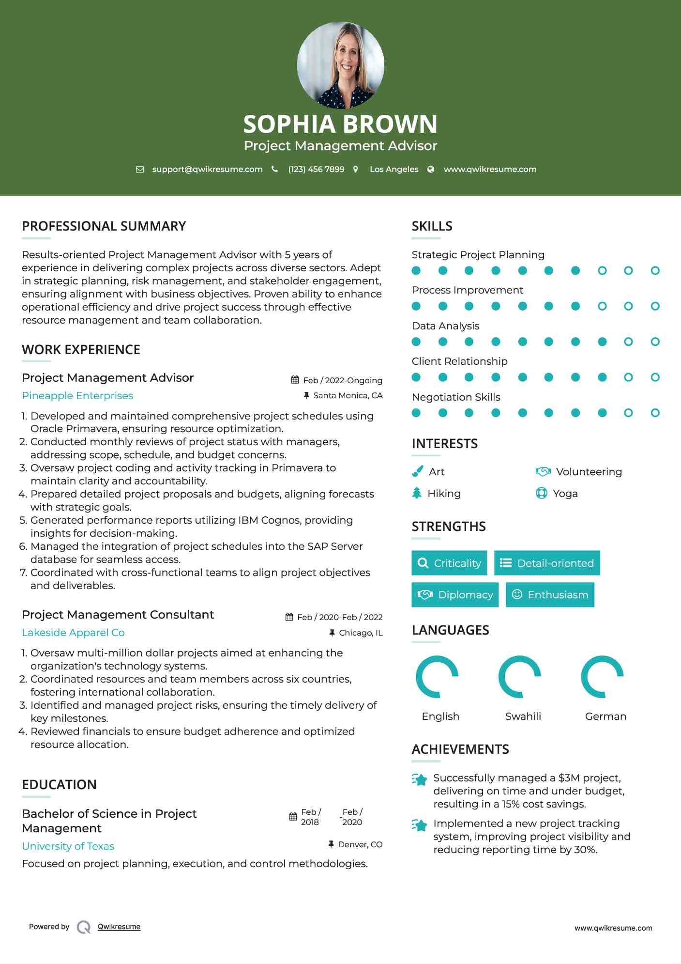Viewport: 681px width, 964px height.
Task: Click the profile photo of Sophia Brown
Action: coord(340,65)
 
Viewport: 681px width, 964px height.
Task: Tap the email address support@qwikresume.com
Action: coord(207,170)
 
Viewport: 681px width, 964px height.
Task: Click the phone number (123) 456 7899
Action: coord(316,170)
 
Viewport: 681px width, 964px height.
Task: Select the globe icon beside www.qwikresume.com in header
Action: coord(431,170)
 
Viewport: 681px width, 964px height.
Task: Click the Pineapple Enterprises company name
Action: coord(77,396)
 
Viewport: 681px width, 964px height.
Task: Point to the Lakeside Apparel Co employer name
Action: coord(73,633)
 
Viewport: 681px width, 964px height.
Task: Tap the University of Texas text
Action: coord(68,846)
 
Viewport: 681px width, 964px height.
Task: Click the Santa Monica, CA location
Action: coord(348,396)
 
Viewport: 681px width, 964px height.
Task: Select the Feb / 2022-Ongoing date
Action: coord(342,380)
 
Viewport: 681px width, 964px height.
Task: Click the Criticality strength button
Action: coord(449,563)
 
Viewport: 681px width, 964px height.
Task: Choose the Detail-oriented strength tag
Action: coord(547,563)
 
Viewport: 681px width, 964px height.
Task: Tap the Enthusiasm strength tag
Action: coord(550,595)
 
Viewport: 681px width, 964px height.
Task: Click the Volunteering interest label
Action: coord(589,472)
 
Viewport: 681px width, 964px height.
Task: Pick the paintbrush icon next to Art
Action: coord(417,471)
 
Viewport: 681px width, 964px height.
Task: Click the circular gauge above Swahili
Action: coord(520,677)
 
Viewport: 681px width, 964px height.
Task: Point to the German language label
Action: coord(605,716)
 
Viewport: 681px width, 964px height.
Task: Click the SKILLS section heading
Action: coord(432,226)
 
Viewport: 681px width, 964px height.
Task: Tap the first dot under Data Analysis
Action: coord(416,342)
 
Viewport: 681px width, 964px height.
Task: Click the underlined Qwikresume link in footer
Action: coord(119,927)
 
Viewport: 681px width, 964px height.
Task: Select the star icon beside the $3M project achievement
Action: coord(420,779)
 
